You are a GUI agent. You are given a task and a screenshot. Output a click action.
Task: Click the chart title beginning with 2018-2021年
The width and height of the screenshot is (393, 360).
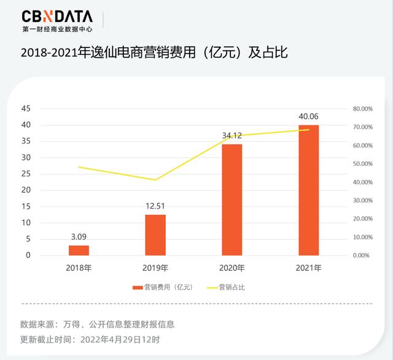pos(154,53)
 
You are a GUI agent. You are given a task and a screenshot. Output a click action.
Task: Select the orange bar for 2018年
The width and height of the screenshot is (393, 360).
pos(79,250)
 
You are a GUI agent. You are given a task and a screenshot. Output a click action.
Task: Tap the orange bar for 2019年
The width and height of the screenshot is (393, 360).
pos(155,235)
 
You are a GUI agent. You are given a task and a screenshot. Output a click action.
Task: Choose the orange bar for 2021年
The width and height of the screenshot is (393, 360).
pos(308,190)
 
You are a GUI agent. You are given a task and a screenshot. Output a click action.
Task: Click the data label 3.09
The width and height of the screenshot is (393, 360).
pos(79,237)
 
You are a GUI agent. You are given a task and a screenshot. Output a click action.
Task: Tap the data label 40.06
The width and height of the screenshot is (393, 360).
pos(308,116)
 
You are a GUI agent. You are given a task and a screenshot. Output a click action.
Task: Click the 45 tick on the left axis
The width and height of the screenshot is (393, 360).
pos(26,109)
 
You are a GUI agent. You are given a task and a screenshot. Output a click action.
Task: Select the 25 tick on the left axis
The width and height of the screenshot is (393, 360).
pos(26,174)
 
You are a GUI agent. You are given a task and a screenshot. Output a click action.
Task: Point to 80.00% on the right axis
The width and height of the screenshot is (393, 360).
pos(363,109)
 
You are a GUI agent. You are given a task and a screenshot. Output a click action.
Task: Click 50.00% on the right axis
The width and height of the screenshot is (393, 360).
pos(363,164)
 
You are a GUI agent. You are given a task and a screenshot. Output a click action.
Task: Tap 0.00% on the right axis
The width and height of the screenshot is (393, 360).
pos(363,255)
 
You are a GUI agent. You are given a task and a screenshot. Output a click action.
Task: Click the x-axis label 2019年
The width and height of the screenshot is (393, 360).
pos(155,268)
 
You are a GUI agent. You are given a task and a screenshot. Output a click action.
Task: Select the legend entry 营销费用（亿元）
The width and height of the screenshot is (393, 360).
pos(161,287)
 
